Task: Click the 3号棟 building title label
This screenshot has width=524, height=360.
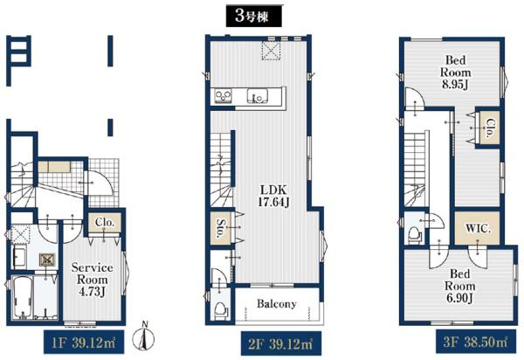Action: [x=254, y=16]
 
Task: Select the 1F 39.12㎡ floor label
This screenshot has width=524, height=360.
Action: [x=84, y=343]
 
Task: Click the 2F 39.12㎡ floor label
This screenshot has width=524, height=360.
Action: [x=281, y=343]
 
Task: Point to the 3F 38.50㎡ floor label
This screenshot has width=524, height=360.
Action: [x=475, y=342]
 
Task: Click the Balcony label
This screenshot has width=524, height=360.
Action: [x=277, y=303]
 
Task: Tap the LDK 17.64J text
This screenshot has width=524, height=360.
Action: [x=273, y=196]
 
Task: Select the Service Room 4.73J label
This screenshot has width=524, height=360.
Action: [x=93, y=280]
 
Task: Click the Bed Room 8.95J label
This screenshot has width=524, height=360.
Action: [x=456, y=73]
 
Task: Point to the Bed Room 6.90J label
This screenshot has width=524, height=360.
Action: [x=460, y=286]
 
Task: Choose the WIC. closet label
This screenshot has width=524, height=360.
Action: [x=479, y=229]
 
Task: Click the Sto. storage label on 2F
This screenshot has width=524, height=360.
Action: [x=221, y=228]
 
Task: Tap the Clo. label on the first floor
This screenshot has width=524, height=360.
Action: [x=105, y=222]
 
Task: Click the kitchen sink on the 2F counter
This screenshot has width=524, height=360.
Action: [x=257, y=96]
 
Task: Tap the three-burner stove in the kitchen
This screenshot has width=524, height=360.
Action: [x=222, y=96]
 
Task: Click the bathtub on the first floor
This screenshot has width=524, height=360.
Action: [x=23, y=297]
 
